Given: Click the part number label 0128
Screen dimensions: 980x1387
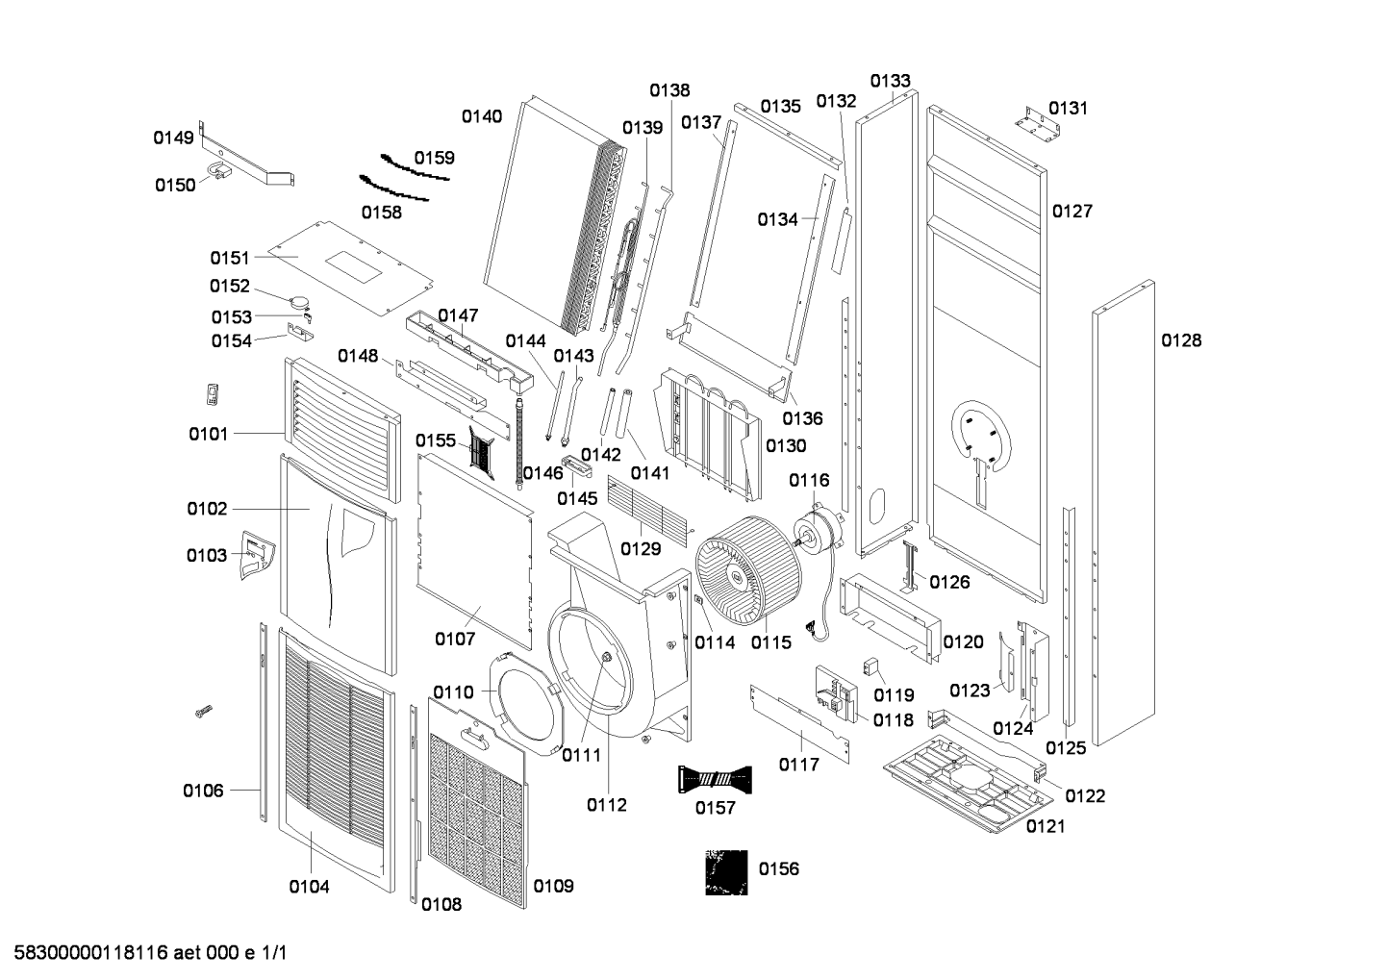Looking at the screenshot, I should tap(1181, 339).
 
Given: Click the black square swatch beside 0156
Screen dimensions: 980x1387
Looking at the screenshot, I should tap(725, 872).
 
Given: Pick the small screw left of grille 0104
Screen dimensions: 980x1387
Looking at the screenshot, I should tap(202, 712).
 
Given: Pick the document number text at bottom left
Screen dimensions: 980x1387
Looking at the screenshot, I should tap(146, 953).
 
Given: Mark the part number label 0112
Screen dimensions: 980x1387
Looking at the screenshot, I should tap(606, 805).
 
